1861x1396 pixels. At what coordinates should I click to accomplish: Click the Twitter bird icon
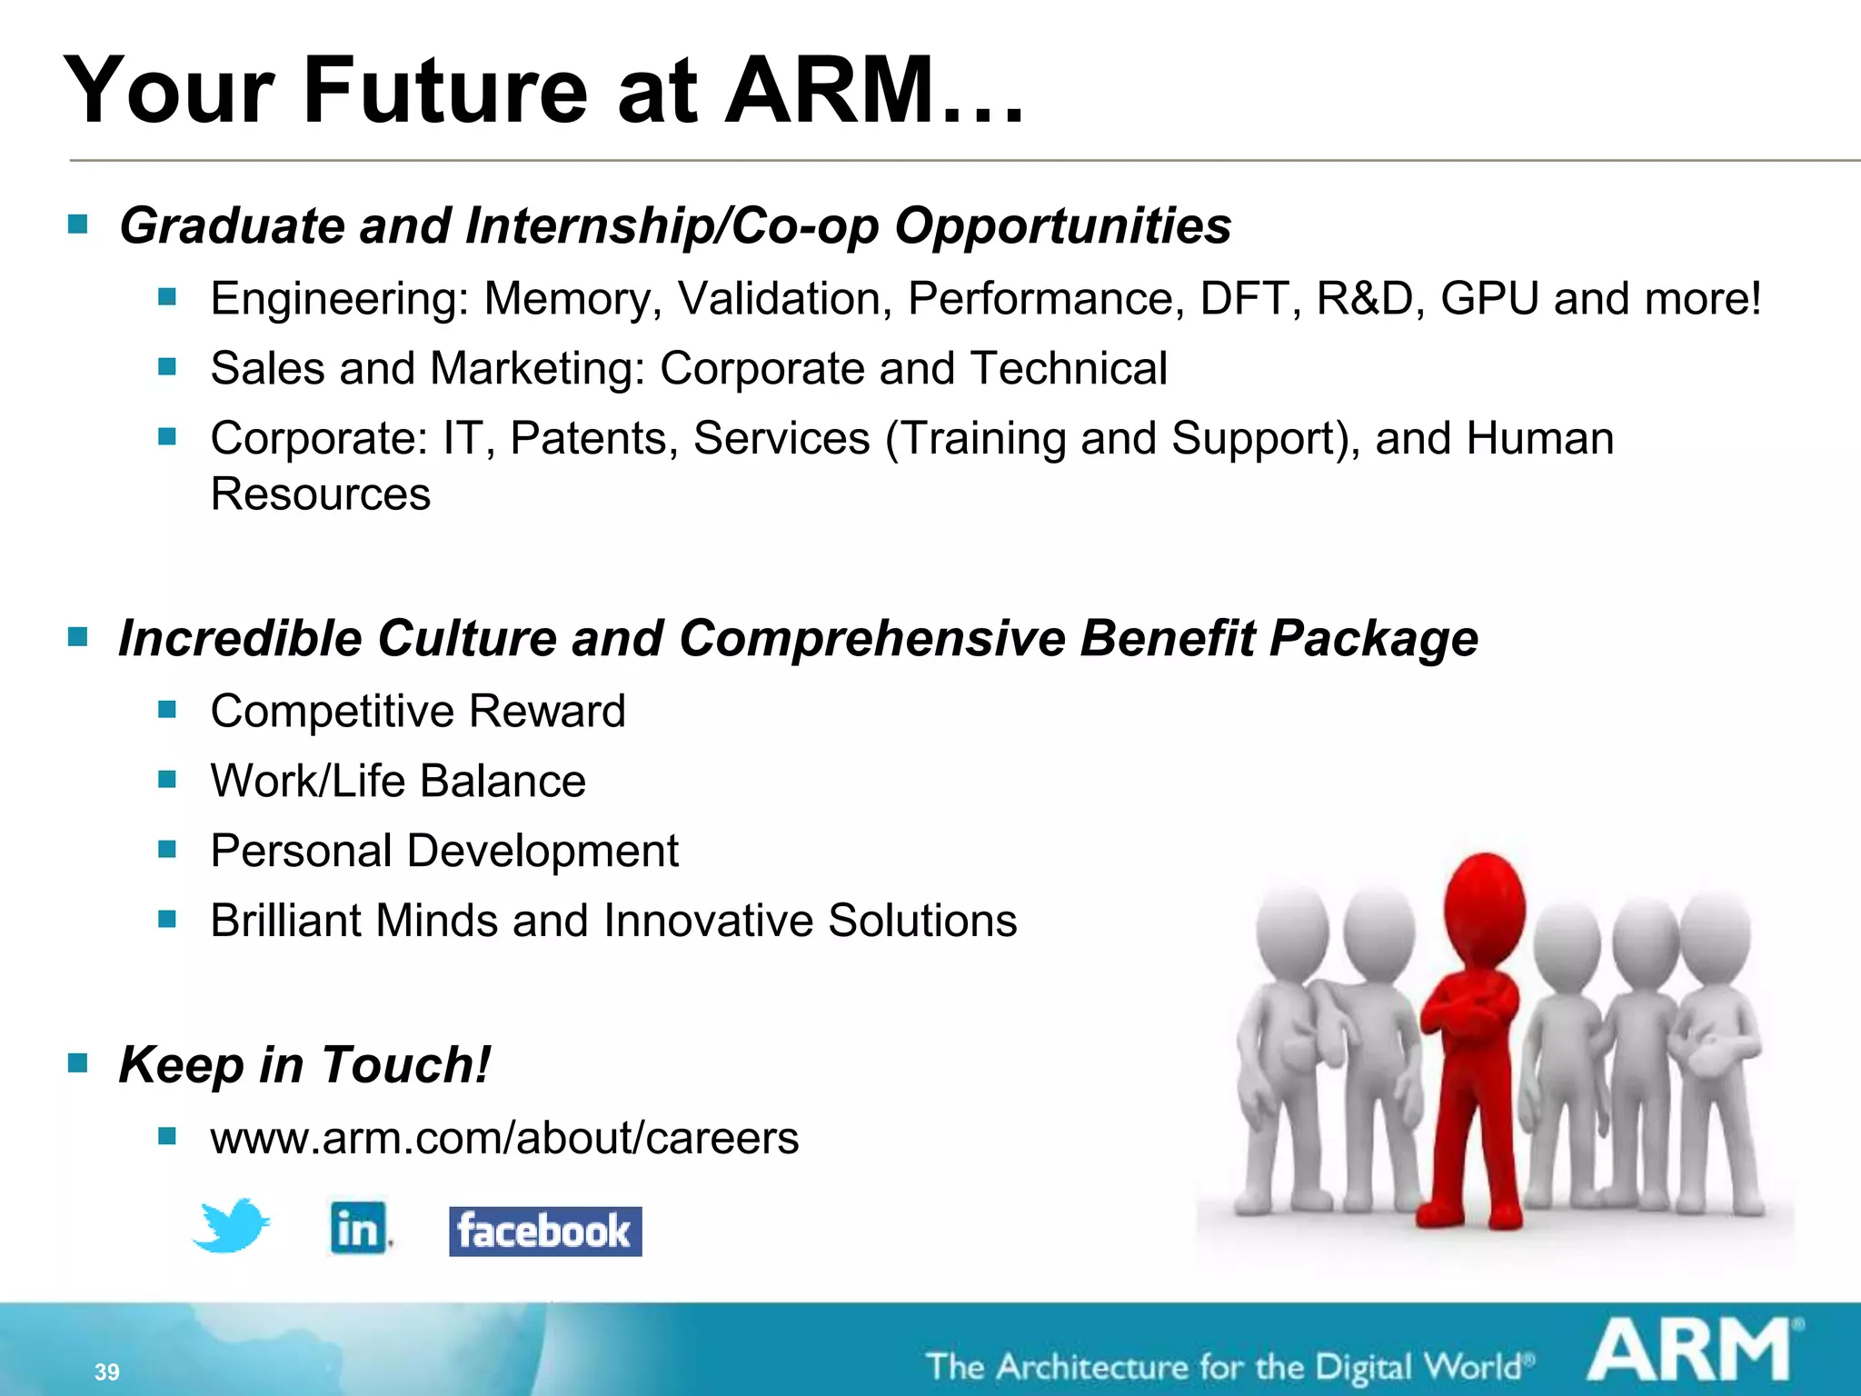[x=232, y=1227]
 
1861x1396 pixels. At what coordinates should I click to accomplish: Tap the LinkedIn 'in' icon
[x=358, y=1229]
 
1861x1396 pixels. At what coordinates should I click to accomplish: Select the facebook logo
[x=545, y=1231]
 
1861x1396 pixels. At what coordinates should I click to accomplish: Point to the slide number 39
[x=106, y=1371]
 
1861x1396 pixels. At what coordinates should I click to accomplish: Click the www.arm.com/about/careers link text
[x=504, y=1138]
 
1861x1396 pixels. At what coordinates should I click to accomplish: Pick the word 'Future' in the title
[x=445, y=91]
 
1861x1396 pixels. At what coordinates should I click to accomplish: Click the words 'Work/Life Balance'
[x=398, y=782]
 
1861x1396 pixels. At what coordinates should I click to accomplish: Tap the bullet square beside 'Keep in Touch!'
[x=78, y=1062]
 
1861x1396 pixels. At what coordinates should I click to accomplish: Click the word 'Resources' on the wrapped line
[x=320, y=495]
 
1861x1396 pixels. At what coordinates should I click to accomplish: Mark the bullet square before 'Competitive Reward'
[x=167, y=710]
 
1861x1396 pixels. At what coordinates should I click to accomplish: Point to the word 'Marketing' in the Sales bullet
[x=537, y=369]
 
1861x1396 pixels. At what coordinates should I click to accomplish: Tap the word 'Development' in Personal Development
[x=542, y=852]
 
